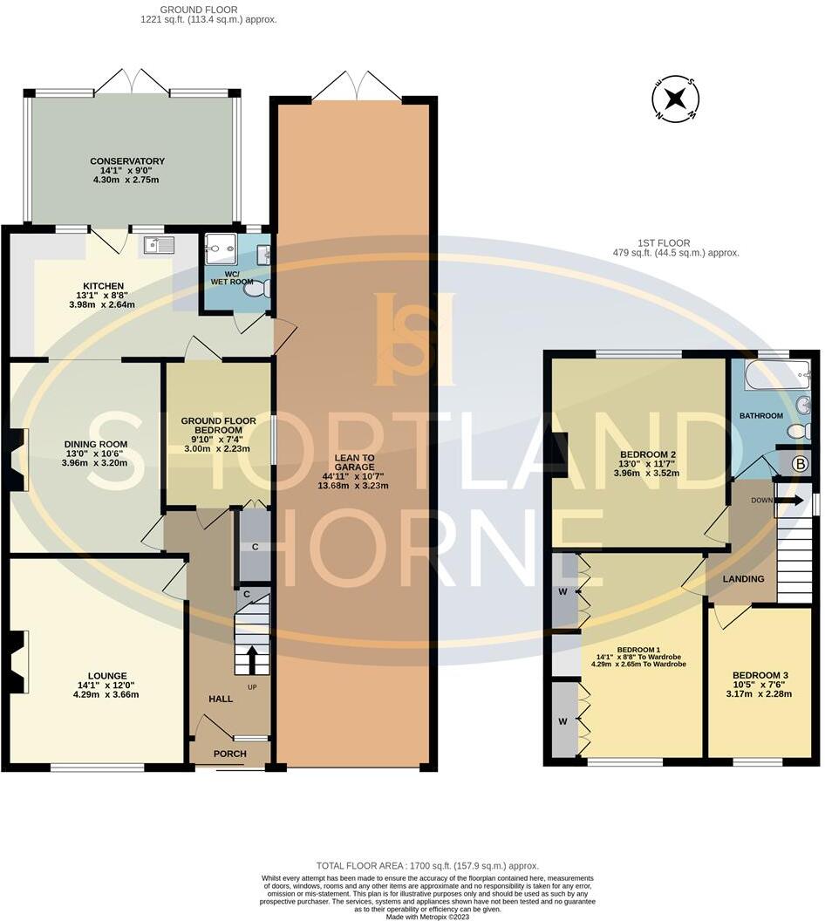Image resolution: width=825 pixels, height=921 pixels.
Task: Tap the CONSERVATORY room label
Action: click(127, 161)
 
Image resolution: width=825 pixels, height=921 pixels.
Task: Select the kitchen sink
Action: click(155, 244)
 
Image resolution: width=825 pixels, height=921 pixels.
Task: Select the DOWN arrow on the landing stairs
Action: click(789, 501)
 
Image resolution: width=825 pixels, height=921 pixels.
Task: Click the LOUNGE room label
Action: click(107, 676)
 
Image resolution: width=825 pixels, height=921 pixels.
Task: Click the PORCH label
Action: click(230, 754)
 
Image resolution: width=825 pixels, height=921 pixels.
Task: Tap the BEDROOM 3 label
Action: click(760, 676)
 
